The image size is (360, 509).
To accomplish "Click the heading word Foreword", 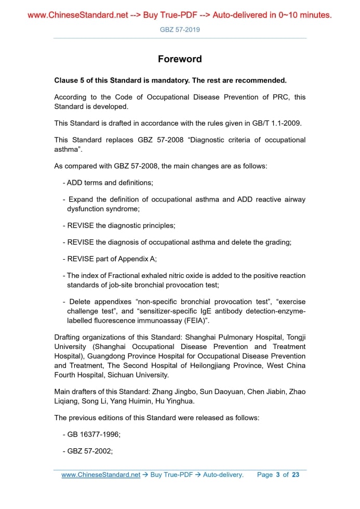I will [x=180, y=59].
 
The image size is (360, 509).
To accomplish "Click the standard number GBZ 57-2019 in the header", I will [x=180, y=30].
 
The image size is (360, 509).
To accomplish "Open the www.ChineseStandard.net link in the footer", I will [x=101, y=475].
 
